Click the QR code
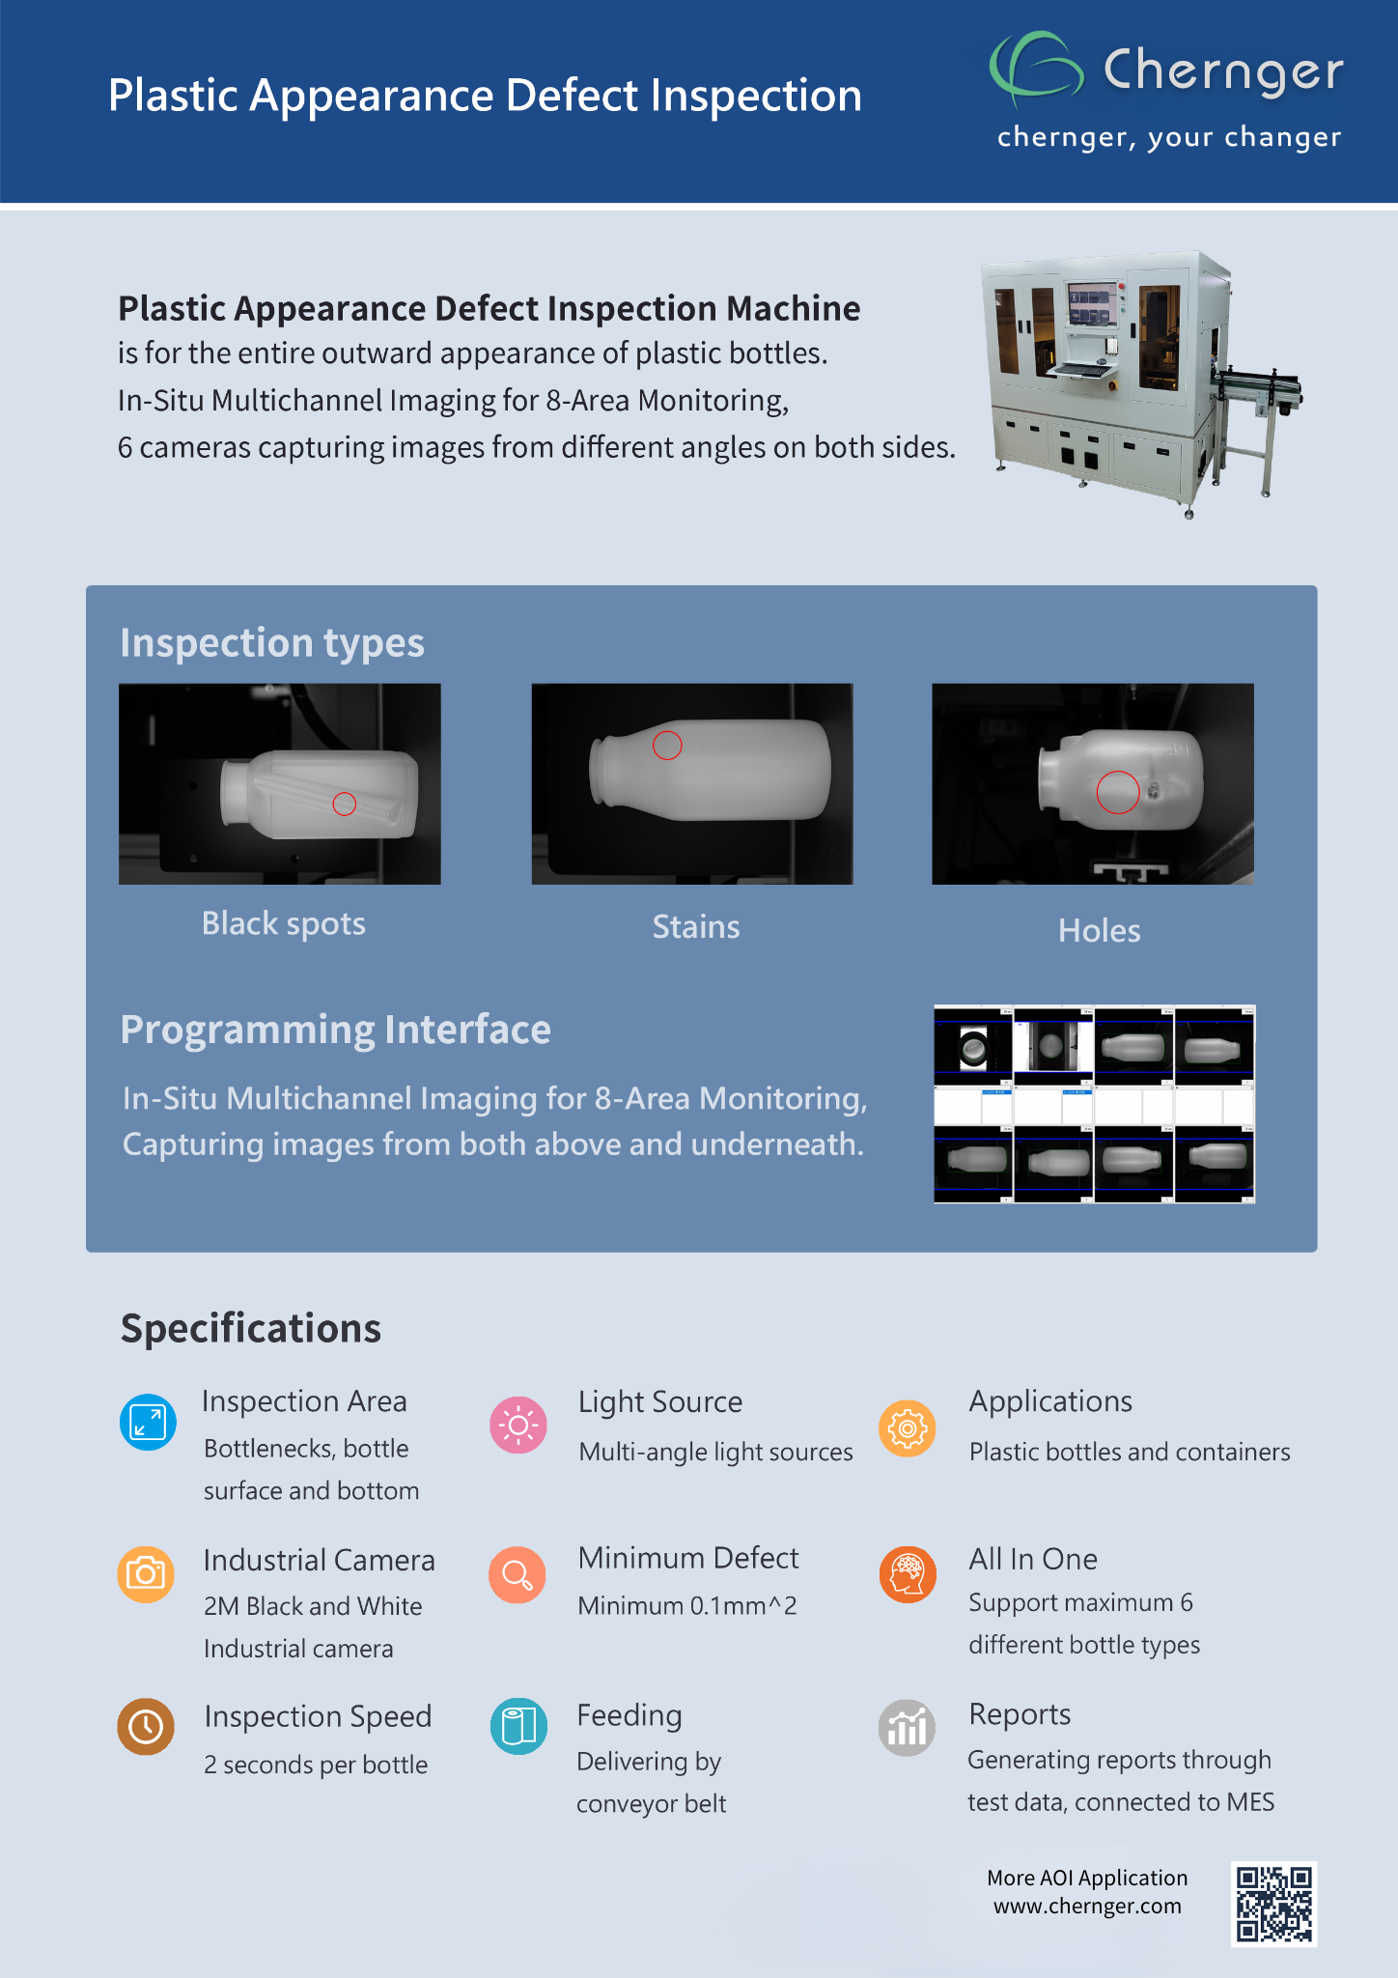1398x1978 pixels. coord(1274,1904)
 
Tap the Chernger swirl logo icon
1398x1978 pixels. coord(1035,66)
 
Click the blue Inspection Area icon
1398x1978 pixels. coord(148,1423)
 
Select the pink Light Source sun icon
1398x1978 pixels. coord(518,1425)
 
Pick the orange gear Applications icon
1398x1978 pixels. coord(908,1428)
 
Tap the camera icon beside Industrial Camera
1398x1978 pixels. coord(146,1574)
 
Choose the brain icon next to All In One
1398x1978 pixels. coord(908,1574)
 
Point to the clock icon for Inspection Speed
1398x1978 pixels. coord(146,1726)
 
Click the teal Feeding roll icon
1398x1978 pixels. coord(518,1726)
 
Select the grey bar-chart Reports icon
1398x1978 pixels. coord(908,1728)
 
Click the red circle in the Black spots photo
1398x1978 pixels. coord(345,804)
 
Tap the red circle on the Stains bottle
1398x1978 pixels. coord(667,746)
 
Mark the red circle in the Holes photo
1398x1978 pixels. coord(1117,792)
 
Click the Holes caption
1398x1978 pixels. coord(1099,931)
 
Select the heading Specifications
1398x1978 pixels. coord(251,1328)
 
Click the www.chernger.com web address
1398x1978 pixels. coord(1087,1907)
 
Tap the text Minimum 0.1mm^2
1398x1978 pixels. coord(687,1606)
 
